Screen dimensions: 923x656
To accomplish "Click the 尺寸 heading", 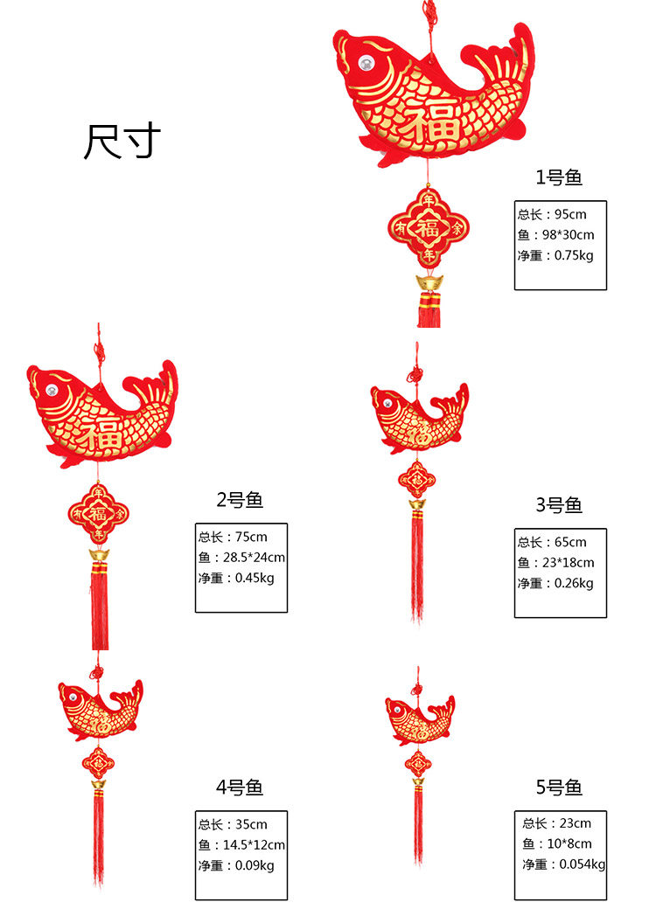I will coord(122,142).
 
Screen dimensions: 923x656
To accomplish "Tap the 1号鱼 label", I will coord(559,178).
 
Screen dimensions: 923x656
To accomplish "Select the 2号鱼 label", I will coord(240,500).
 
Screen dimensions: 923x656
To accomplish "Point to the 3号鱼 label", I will coord(559,505).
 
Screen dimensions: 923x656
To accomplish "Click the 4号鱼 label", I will coord(240,788).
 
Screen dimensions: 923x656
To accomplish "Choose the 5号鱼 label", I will coord(559,788).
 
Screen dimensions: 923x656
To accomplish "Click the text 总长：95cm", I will coord(552,214).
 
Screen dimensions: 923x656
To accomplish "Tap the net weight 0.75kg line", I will coord(555,255).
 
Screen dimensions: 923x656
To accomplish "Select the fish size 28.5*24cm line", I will coord(241,558).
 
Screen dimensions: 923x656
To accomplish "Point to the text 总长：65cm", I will coord(552,542).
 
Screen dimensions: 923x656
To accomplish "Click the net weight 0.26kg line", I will coord(555,583).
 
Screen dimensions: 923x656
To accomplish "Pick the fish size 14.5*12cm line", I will coord(241,845).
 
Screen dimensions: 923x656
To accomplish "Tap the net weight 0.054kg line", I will coord(563,864).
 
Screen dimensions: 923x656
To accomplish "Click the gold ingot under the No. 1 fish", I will coord(429,283).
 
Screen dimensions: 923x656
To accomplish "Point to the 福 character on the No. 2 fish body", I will coord(101,433).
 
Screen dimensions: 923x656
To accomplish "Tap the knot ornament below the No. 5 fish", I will coord(418,763).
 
